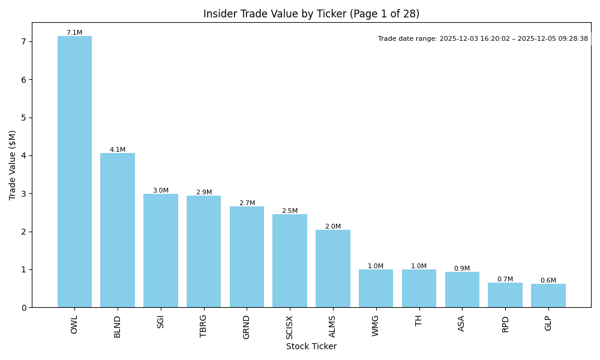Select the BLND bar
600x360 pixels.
(x=118, y=230)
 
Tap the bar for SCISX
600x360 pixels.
(x=290, y=261)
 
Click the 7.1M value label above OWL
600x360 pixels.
(x=74, y=33)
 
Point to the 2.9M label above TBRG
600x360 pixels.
(x=204, y=193)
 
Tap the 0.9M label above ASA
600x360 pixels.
(x=462, y=269)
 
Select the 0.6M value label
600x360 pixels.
(x=548, y=281)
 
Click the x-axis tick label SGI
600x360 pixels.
(x=161, y=322)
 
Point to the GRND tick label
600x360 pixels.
(x=247, y=327)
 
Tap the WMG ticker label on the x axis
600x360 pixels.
(x=376, y=326)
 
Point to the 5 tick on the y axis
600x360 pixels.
(x=24, y=118)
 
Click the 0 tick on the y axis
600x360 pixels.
(x=24, y=308)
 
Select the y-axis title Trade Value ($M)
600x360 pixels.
(x=13, y=165)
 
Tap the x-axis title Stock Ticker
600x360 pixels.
(x=311, y=347)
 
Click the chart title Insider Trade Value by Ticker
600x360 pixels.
(x=311, y=14)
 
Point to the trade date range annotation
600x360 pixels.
(x=483, y=39)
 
